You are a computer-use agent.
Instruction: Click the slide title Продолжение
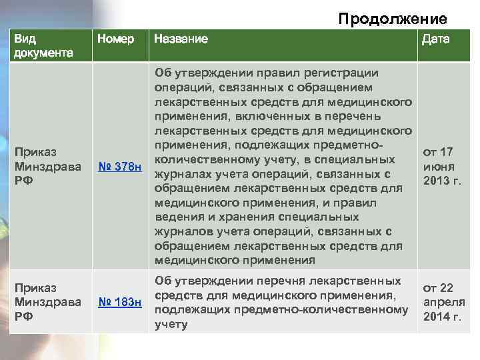coord(392,18)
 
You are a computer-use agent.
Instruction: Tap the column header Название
coord(181,39)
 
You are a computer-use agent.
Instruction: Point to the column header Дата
coord(435,39)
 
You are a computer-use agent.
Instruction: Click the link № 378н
coord(120,166)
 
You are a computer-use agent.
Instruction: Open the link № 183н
coord(120,303)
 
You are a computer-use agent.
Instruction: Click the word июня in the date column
coord(438,166)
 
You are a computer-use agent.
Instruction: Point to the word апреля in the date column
coord(440,302)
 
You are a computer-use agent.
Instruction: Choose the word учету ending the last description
coord(171,325)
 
